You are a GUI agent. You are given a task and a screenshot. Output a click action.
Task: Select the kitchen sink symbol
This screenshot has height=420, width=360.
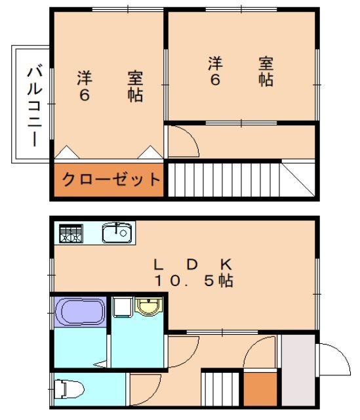[117, 232]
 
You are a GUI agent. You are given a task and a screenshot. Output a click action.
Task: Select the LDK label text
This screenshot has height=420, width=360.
[192, 264]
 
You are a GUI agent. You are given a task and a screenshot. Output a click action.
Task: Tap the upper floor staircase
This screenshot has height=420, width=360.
[223, 177]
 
